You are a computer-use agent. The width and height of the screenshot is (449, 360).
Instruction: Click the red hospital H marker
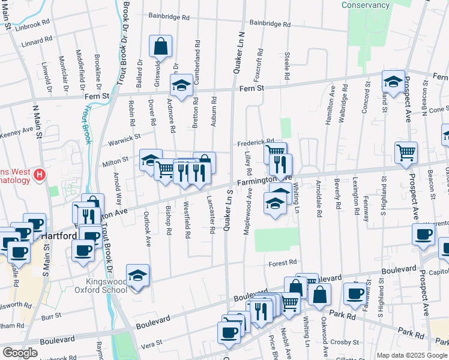pos(40,175)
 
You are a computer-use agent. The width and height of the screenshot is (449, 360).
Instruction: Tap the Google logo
pos(20,353)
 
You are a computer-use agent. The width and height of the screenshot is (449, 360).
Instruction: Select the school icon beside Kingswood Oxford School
pos(138,276)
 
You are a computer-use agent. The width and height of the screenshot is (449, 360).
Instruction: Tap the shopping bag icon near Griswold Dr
pos(160,46)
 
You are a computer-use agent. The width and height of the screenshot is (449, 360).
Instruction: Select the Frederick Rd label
pos(255,143)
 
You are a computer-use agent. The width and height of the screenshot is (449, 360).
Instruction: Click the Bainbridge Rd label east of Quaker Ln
pos(270,24)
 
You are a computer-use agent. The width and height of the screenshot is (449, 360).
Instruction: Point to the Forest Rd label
pos(283,262)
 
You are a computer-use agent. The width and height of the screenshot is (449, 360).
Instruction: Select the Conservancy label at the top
pos(366,5)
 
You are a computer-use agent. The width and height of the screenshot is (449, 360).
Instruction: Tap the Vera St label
pos(151,343)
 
